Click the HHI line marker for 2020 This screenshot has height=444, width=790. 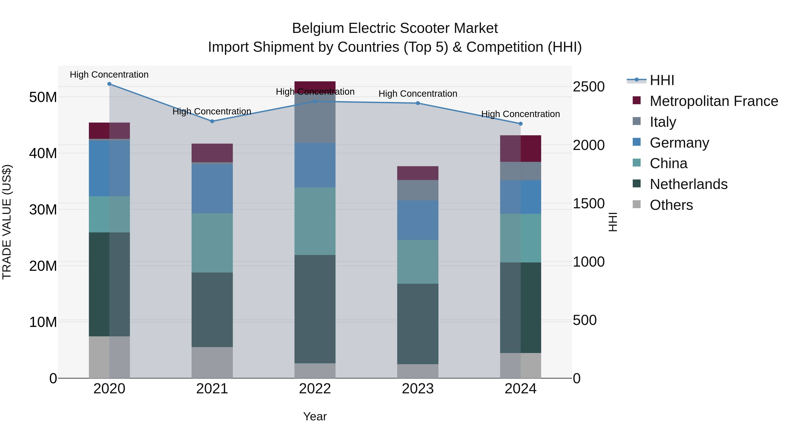click(x=109, y=84)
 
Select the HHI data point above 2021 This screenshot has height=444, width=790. click(x=212, y=121)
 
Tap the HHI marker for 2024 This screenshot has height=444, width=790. click(x=521, y=124)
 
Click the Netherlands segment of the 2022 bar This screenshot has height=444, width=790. click(x=315, y=309)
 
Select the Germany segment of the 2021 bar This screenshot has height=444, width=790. click(x=212, y=189)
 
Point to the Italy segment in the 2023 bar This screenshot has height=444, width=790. click(x=418, y=190)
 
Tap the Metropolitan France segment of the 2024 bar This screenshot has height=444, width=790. click(x=521, y=149)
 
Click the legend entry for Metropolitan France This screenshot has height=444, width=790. click(x=713, y=101)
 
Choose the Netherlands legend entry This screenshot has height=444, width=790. click(x=688, y=184)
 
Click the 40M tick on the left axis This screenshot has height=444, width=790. click(x=43, y=153)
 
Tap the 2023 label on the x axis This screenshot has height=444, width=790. click(x=418, y=389)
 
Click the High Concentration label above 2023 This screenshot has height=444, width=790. click(x=418, y=94)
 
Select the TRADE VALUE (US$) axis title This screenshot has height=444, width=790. click(x=7, y=222)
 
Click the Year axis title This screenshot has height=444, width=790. click(x=315, y=416)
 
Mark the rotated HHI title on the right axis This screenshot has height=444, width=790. click(x=612, y=222)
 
